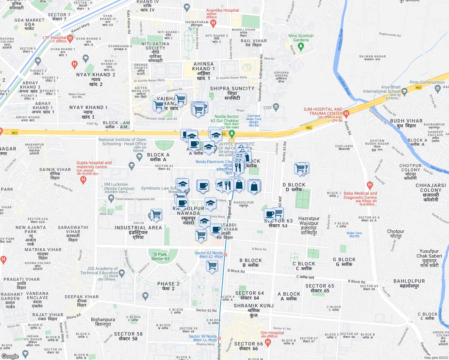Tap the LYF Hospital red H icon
70,38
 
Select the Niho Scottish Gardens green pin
301,46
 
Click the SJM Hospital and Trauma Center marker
346,113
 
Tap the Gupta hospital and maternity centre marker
83,180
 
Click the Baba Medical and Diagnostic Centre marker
370,185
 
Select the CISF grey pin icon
276,106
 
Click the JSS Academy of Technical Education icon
122,273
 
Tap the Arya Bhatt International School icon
404,91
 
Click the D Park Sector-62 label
161,256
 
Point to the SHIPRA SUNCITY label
232,88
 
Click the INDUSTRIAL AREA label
138,228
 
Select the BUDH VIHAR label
406,121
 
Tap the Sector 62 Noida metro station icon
225,255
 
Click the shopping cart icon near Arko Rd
156,215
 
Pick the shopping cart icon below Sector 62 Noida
212,265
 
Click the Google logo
10,356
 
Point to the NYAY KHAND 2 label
96,75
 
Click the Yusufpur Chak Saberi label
429,253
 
